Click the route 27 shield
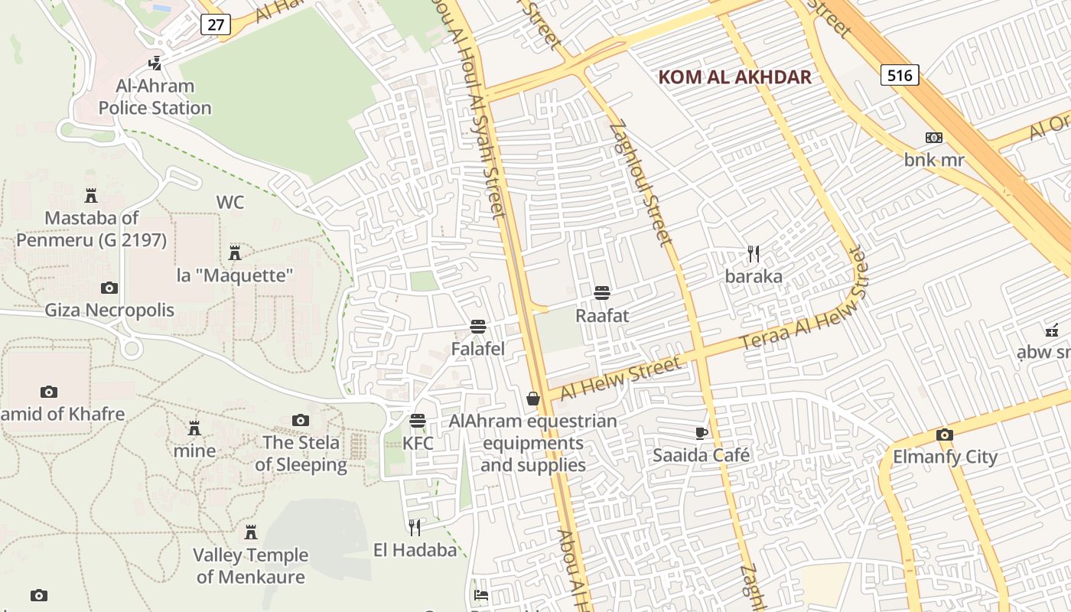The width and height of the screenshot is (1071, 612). [x=216, y=24]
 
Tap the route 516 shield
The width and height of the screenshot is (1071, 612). [x=900, y=75]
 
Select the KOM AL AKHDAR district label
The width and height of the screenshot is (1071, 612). [x=734, y=77]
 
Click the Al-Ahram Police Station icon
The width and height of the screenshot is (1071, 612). [x=155, y=63]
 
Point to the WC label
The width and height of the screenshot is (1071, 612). [x=230, y=202]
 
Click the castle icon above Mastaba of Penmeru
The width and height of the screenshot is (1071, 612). [x=91, y=195]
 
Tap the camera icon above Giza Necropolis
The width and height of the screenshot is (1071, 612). [x=109, y=288]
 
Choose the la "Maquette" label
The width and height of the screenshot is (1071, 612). [x=236, y=275]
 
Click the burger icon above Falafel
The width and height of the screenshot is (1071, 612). [x=478, y=327]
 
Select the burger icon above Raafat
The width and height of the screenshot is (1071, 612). [x=602, y=293]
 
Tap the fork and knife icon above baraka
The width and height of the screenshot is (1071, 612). [x=754, y=254]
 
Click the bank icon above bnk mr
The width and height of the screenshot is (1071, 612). [x=934, y=138]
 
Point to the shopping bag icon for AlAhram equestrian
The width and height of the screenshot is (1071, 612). [x=533, y=399]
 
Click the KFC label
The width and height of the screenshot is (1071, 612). [x=418, y=444]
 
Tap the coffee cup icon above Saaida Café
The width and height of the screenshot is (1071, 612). [x=702, y=433]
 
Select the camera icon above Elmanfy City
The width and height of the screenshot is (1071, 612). [x=945, y=435]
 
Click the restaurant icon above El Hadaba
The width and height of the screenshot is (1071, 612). [x=415, y=527]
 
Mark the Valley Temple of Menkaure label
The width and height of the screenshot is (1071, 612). [x=250, y=565]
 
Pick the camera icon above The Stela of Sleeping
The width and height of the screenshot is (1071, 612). [x=301, y=420]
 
